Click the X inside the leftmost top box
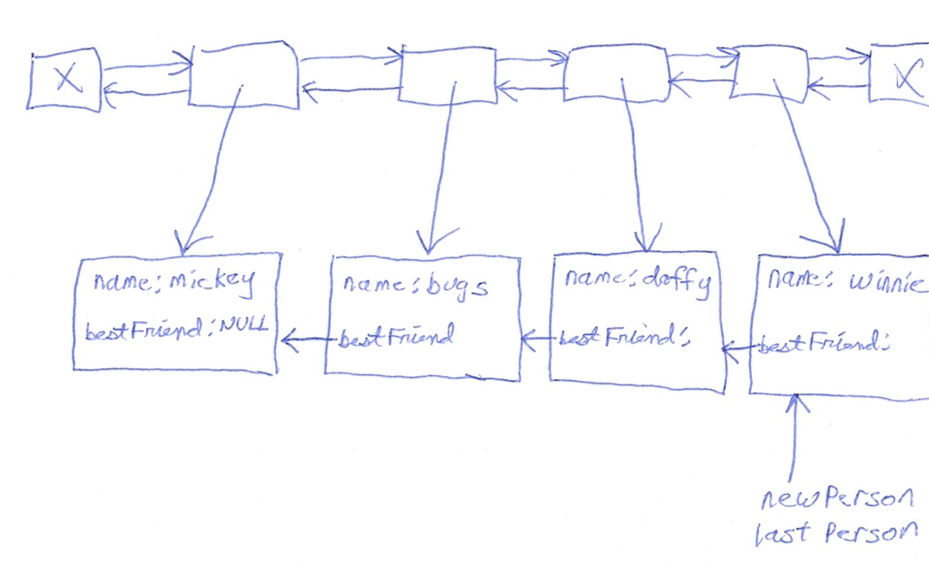(66, 80)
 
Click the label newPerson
(838, 499)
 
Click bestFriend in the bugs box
(396, 337)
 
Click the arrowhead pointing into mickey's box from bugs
(289, 340)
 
